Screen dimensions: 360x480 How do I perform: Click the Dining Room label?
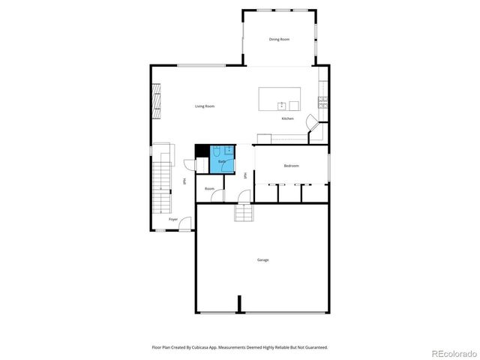click(279, 39)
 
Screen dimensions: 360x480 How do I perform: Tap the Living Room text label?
click(205, 106)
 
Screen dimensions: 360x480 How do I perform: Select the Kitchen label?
click(287, 118)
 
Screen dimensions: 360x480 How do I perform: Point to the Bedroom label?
click(291, 165)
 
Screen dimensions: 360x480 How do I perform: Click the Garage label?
click(262, 259)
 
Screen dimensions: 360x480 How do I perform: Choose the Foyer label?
click(173, 220)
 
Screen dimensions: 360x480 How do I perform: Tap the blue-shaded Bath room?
click(223, 160)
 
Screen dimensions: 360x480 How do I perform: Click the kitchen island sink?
click(283, 105)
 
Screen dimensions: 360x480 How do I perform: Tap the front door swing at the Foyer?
click(184, 223)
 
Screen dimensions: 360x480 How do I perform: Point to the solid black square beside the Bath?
click(202, 150)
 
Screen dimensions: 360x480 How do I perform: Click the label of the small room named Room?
click(209, 188)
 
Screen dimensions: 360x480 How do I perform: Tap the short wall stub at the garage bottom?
click(239, 304)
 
